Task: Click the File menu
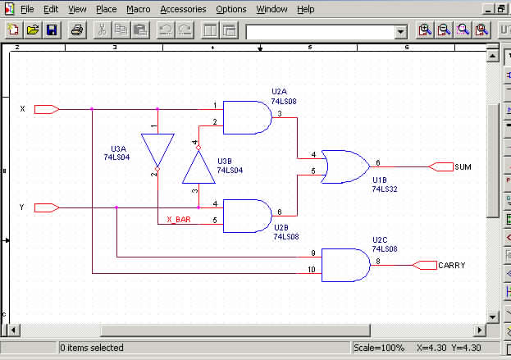click(x=27, y=9)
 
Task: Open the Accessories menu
click(x=184, y=9)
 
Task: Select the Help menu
click(x=305, y=9)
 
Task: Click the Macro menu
click(x=138, y=9)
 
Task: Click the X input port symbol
click(x=45, y=109)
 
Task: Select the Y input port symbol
click(x=45, y=207)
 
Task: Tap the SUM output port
click(x=441, y=166)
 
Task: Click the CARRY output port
click(x=425, y=264)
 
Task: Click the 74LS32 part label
click(x=385, y=189)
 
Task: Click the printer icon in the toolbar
click(x=76, y=30)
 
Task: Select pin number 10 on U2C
click(x=312, y=269)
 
